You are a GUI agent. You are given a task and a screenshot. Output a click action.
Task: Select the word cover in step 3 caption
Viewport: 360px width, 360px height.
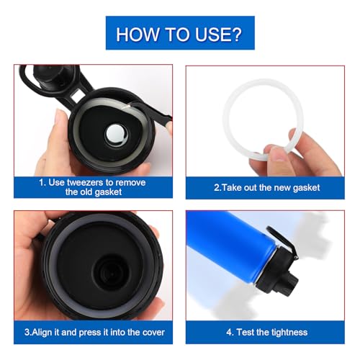[151, 332]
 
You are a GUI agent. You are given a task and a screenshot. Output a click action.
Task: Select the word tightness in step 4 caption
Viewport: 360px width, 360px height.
[287, 332]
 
